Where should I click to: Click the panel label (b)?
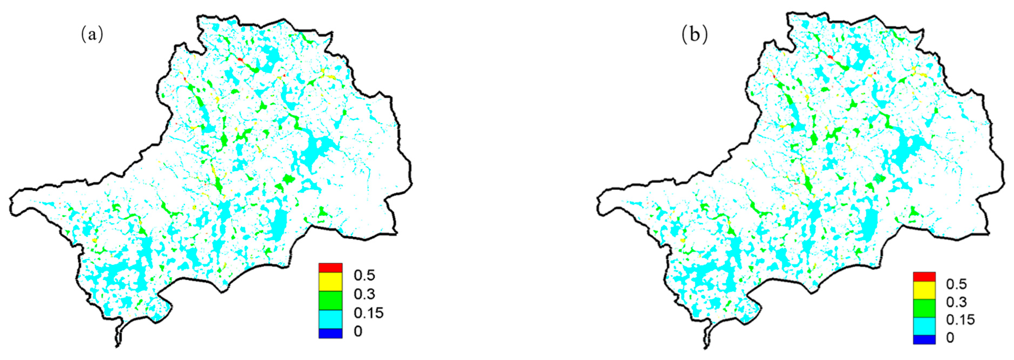694,34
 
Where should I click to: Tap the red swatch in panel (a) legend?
330,268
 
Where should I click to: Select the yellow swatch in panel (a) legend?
330,281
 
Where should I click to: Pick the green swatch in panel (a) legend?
330,300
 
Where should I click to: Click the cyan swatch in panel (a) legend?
330,319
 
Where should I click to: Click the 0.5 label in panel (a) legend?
364,275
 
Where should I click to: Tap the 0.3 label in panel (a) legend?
364,294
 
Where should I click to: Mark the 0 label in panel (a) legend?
357,331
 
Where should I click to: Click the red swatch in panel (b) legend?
924,276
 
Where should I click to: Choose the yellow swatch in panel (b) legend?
924,290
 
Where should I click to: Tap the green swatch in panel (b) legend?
924,308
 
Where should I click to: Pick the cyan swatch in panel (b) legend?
924,326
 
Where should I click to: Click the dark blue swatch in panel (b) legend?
924,340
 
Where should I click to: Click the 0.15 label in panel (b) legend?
960,320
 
